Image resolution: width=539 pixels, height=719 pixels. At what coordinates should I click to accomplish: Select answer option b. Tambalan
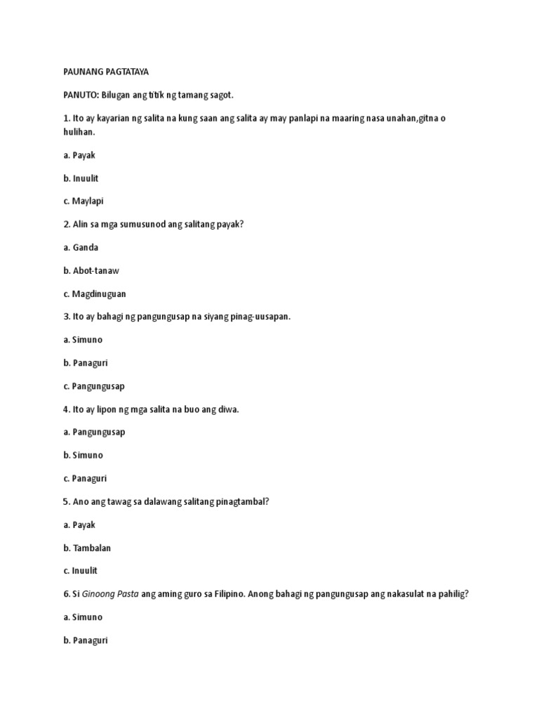(87, 548)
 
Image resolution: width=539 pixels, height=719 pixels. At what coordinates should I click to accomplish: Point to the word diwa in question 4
(229, 409)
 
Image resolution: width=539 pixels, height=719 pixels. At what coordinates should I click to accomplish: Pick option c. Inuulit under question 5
(81, 572)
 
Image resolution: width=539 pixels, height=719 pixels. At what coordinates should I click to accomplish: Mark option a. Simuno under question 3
(82, 341)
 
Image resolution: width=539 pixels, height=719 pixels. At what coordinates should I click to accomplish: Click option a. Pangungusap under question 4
(93, 433)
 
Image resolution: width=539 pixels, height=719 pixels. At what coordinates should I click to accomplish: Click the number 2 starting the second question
(66, 225)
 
